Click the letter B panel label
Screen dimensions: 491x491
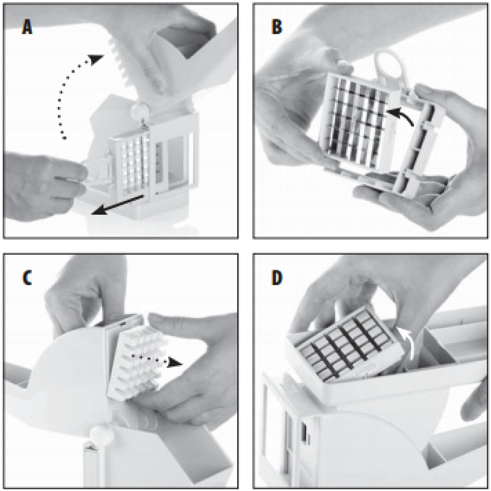pos(277,27)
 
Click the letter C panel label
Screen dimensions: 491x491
pos(27,278)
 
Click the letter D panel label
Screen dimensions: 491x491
pos(277,277)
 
